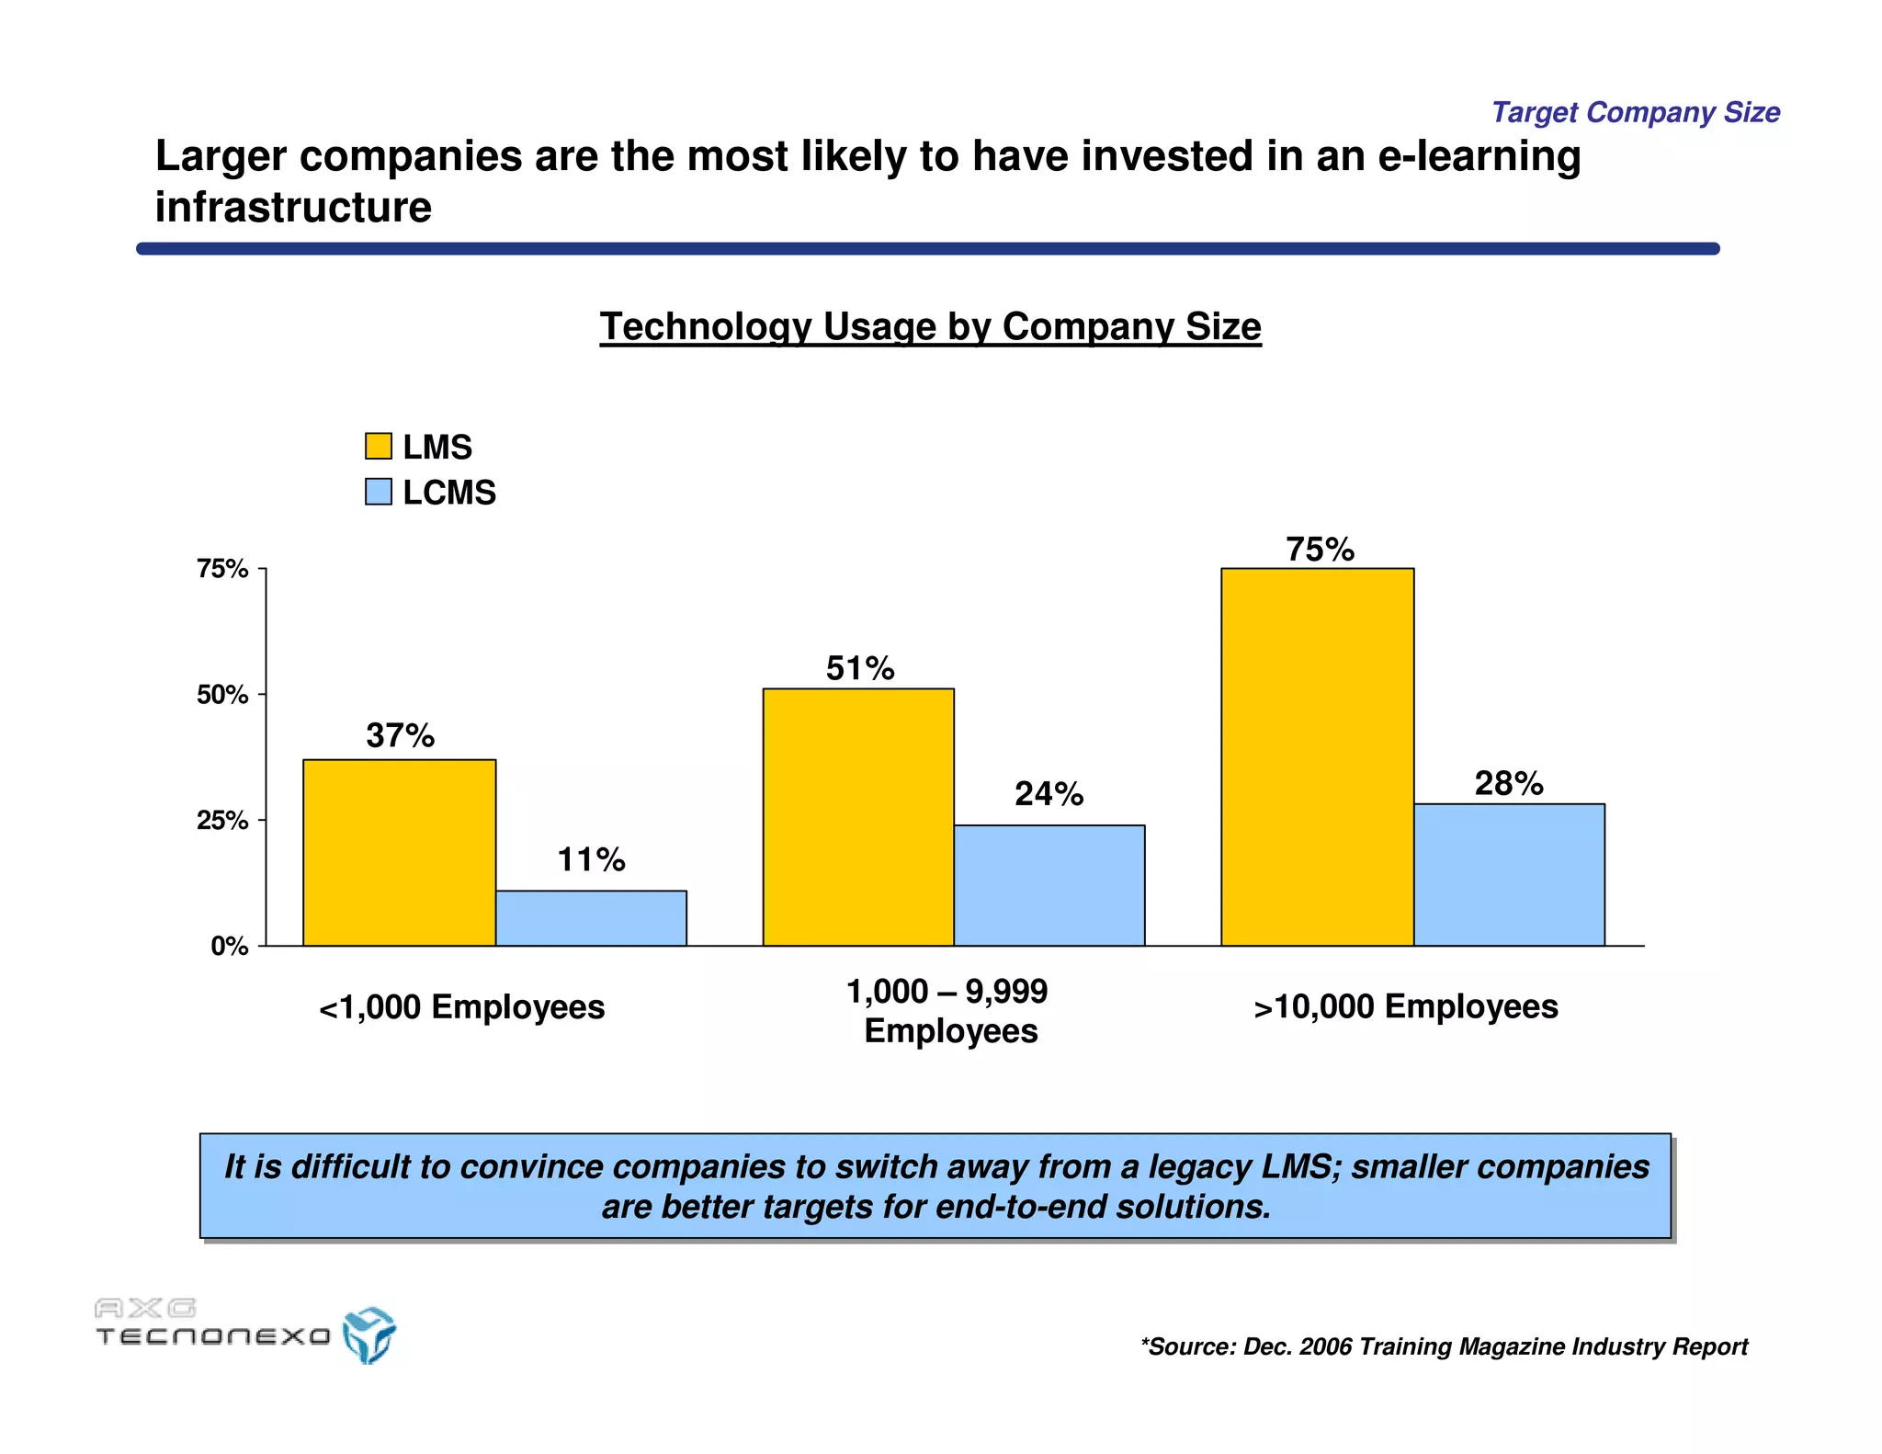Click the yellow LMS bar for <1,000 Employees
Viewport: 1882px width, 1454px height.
coord(399,852)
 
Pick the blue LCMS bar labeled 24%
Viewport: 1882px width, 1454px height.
coord(1049,885)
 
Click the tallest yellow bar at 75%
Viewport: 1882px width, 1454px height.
coord(1317,756)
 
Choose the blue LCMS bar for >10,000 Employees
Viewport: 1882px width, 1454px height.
coord(1509,874)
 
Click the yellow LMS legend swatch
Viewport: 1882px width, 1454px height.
coord(378,447)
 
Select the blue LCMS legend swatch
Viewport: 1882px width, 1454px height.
coord(378,492)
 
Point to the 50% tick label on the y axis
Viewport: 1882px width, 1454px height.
coord(222,695)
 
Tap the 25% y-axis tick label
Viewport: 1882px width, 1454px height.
coord(222,821)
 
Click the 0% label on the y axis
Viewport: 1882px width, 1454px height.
coord(229,947)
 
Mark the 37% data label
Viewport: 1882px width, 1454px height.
coord(400,735)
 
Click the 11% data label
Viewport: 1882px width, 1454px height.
coord(591,860)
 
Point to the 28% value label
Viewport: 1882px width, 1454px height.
coord(1509,783)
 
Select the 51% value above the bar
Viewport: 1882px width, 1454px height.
coord(860,668)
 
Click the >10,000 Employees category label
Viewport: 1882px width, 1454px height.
coord(1406,1007)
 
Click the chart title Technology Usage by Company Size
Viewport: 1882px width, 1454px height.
coord(930,327)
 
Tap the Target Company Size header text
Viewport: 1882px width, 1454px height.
coord(1635,112)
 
